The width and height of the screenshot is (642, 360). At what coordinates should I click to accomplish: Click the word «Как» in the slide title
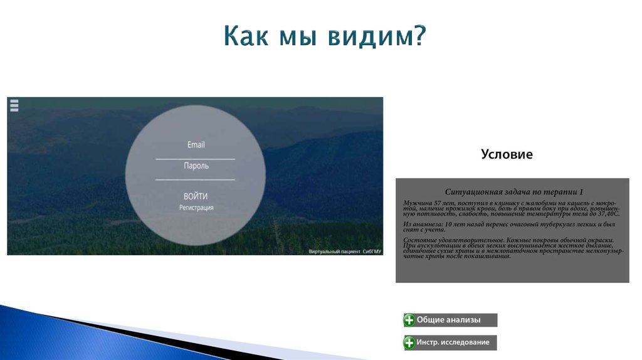coord(246,36)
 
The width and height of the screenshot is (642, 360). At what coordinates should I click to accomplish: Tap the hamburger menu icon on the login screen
coord(14,105)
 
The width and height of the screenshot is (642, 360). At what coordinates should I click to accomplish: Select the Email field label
coord(196,145)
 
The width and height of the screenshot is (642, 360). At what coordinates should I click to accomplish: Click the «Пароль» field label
coord(196,166)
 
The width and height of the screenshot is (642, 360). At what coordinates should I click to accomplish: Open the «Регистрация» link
coord(196,208)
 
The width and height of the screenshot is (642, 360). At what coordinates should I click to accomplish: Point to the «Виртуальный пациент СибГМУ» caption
coord(345,251)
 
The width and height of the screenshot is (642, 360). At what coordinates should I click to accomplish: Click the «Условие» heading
coord(507,154)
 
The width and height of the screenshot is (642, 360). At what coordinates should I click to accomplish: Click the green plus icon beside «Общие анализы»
coord(409,320)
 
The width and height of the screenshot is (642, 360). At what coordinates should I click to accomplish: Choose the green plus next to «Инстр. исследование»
coord(409,342)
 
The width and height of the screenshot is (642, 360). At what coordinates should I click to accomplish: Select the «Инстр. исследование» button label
coord(453,342)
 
